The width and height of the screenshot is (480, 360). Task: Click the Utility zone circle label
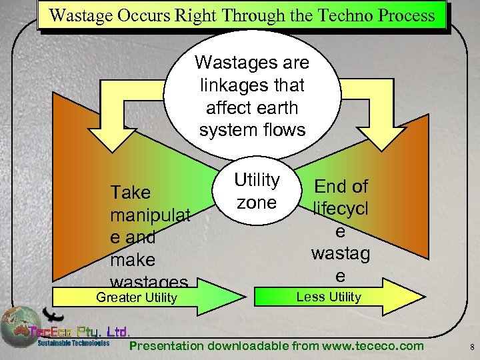[256, 191]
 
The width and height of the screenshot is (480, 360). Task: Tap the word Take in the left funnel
[131, 193]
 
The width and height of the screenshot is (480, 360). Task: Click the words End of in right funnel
[341, 186]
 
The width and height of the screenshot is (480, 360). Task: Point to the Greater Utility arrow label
[137, 298]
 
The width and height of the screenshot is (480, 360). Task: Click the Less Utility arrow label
[329, 297]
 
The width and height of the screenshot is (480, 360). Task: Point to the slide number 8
[471, 347]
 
